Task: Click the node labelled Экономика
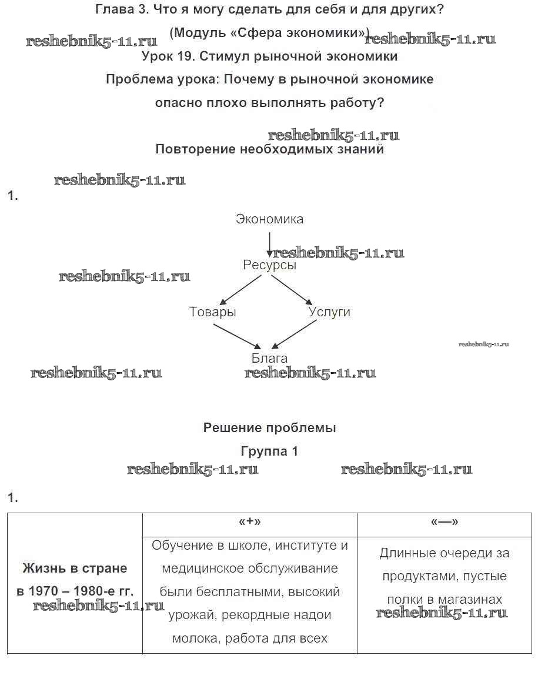point(269,219)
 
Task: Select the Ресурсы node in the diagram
point(269,265)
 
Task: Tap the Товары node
point(212,312)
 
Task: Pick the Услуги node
point(329,312)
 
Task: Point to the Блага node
point(269,358)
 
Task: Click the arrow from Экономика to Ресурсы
point(269,244)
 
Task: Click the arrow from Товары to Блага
point(236,335)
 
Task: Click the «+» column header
point(249,522)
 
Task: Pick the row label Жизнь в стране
point(75,568)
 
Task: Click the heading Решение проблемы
point(269,428)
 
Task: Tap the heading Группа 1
point(269,451)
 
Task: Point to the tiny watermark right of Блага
point(483,344)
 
